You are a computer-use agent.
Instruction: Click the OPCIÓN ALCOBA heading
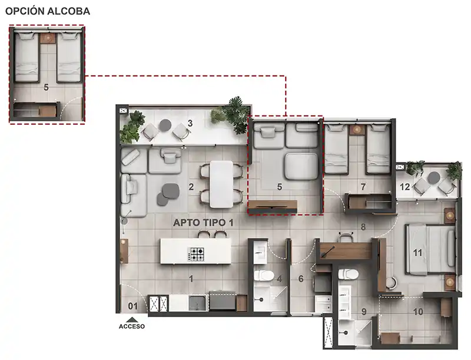(48, 11)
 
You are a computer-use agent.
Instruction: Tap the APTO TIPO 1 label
(203, 223)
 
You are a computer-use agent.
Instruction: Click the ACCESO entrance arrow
(131, 320)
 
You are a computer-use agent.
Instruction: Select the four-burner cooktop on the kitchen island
(196, 254)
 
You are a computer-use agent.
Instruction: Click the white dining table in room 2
(221, 184)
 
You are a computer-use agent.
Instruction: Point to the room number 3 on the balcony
(190, 123)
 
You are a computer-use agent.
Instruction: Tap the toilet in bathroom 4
(263, 276)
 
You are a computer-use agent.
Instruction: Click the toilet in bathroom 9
(348, 274)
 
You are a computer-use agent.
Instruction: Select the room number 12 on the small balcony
(404, 187)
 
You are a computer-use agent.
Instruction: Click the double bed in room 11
(430, 250)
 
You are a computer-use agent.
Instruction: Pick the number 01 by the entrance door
(133, 306)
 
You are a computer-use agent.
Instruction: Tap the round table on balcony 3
(165, 125)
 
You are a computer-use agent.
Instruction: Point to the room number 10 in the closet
(418, 312)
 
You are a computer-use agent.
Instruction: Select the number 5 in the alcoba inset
(46, 87)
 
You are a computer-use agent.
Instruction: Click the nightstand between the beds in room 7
(357, 130)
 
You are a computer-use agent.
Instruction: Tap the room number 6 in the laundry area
(301, 279)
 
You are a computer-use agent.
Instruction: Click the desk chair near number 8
(346, 236)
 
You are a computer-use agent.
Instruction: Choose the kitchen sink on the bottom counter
(197, 303)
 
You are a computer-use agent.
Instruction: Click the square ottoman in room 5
(301, 166)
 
